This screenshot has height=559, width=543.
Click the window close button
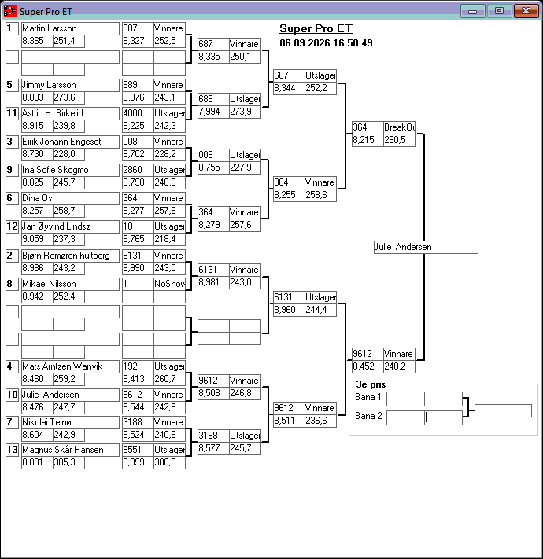pos(526,11)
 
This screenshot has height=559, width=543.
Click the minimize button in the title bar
pos(473,11)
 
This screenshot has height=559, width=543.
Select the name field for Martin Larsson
pos(70,28)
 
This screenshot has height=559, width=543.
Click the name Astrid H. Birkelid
pos(53,113)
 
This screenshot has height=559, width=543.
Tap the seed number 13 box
pos(12,450)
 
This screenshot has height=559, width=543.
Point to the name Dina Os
pos(37,198)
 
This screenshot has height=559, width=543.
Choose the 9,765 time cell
pos(138,239)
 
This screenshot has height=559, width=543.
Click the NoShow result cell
pos(169,284)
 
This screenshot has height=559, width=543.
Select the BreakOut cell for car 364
pos(399,127)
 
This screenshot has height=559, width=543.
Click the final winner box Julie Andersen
pos(426,247)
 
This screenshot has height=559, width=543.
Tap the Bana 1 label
pos(368,397)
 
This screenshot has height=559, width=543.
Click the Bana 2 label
pos(368,416)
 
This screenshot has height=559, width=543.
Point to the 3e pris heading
pos(371,384)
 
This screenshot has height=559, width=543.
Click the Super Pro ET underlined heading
pos(316,28)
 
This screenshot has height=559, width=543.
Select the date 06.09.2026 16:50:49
pos(326,43)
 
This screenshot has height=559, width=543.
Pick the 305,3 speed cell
pos(68,462)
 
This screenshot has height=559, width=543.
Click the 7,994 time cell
pos(213,112)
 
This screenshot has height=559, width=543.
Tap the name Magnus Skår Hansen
pos(63,450)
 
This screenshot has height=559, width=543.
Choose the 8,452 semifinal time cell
pos(368,366)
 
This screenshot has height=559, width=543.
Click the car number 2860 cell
pos(138,170)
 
